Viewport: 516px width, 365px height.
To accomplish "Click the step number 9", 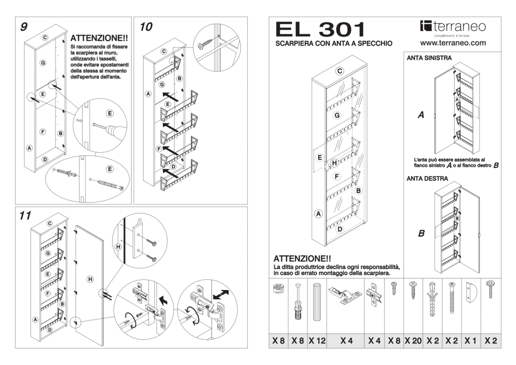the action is tap(24, 27).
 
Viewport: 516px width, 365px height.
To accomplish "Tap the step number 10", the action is tap(146, 27).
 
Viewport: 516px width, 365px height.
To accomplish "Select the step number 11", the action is tap(25, 216).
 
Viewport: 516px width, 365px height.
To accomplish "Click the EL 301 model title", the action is tap(320, 29).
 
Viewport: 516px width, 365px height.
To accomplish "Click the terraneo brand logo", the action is tap(453, 27).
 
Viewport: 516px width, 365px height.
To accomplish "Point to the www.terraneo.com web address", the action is tap(453, 43).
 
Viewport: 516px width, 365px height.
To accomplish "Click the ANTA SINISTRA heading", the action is tap(429, 58).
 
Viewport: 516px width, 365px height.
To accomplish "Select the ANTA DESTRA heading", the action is tap(427, 179).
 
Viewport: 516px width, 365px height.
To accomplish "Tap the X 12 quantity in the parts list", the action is tap(317, 341).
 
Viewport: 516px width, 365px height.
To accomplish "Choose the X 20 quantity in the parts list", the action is tap(413, 341).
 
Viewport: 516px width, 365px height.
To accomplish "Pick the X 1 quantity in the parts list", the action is tap(471, 341).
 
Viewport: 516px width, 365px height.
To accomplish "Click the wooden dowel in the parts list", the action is tap(317, 301).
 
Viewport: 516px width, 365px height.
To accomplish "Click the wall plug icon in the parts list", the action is tap(432, 299).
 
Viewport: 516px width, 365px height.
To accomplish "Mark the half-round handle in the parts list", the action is tap(471, 293).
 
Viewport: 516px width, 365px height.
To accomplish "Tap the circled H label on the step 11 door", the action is tap(90, 279).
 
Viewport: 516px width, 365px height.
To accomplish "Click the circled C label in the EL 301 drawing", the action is tap(340, 71).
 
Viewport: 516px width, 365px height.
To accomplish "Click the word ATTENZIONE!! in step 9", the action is tap(99, 39).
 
